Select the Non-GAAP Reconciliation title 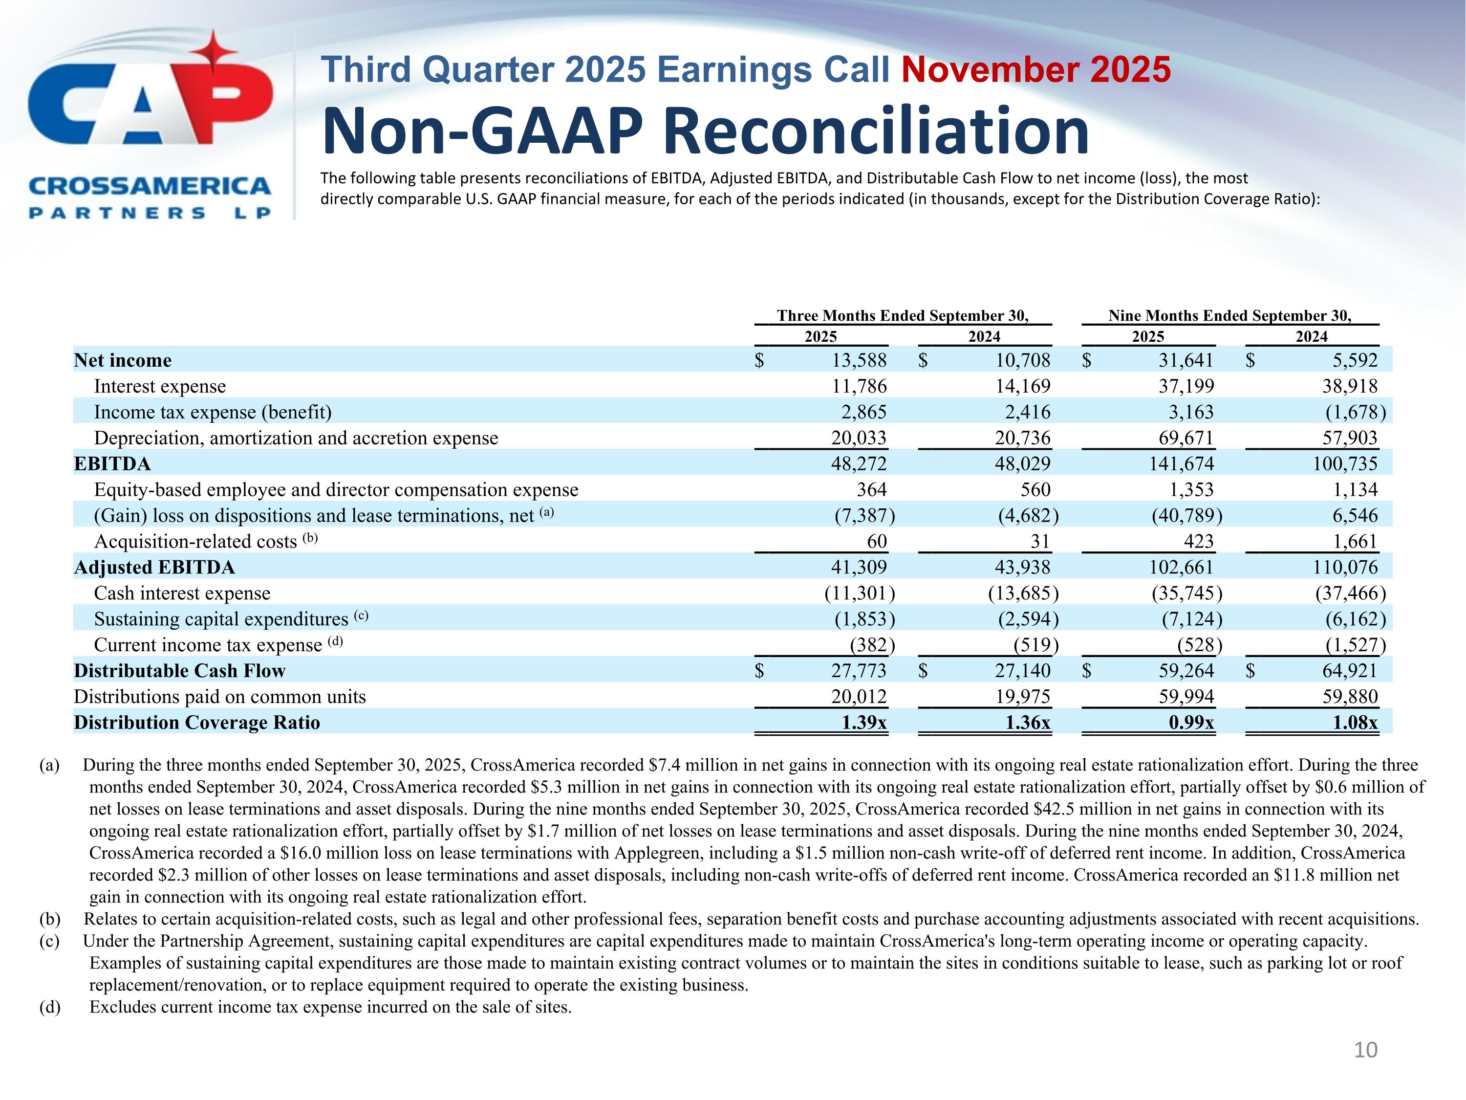pyautogui.click(x=705, y=132)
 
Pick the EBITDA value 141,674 pyautogui.click(x=1181, y=464)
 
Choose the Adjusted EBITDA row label pyautogui.click(x=154, y=568)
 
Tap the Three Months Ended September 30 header pyautogui.click(x=903, y=316)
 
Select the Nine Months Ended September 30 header pyautogui.click(x=1229, y=316)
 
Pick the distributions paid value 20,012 pyautogui.click(x=859, y=697)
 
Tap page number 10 pyautogui.click(x=1365, y=1050)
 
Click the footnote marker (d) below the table pyautogui.click(x=50, y=1007)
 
